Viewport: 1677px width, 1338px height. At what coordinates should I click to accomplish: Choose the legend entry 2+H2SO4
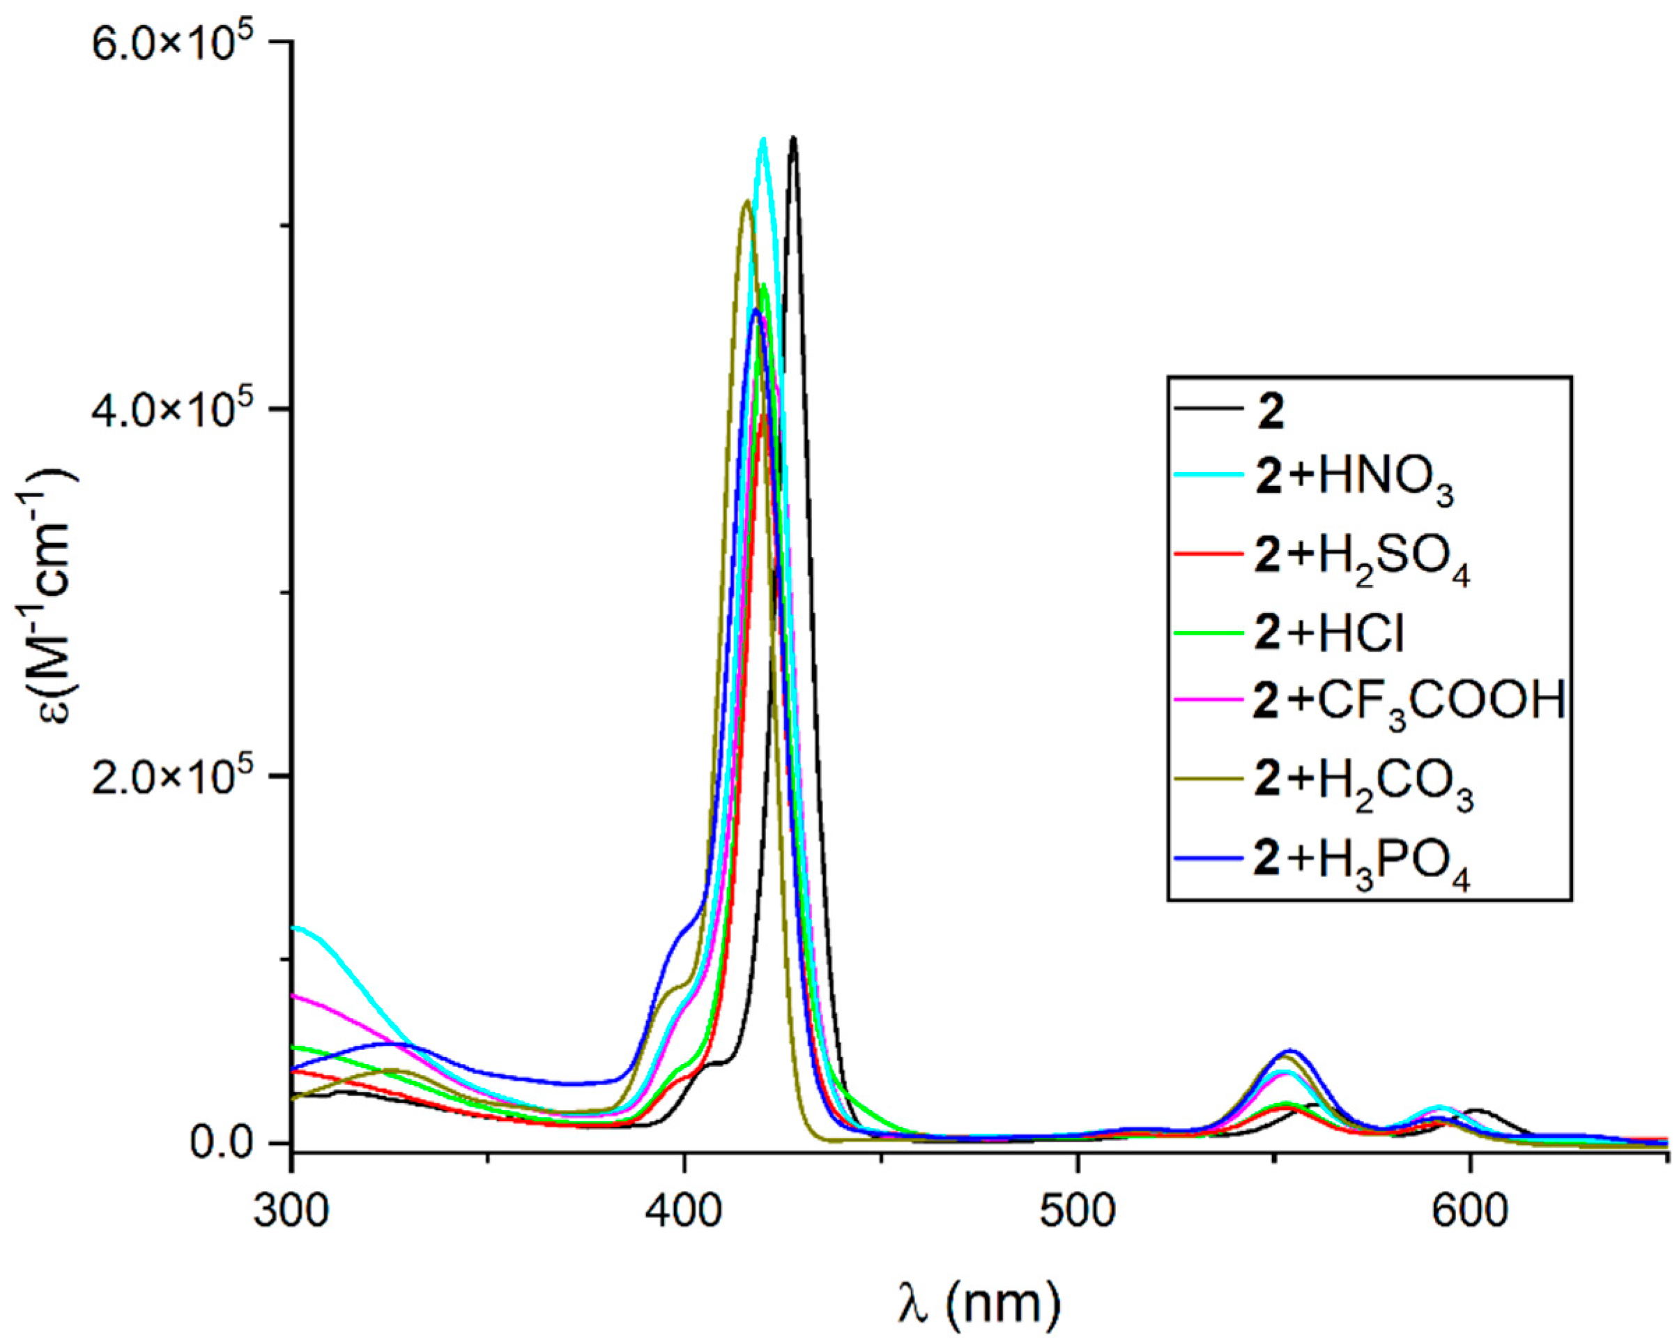point(1362,563)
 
